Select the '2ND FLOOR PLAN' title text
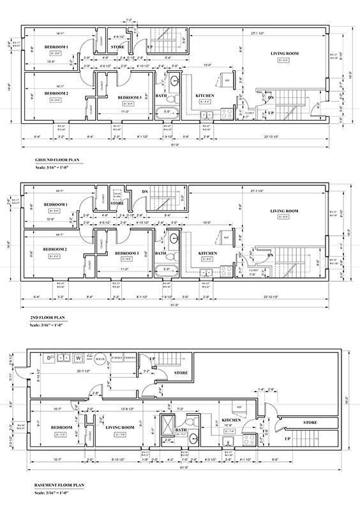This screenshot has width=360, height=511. click(x=47, y=316)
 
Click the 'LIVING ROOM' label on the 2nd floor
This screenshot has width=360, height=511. click(x=284, y=211)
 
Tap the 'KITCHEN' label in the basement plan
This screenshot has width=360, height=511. click(x=231, y=420)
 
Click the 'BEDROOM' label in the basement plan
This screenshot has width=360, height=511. click(x=61, y=427)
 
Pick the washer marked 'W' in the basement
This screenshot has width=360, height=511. click(x=78, y=358)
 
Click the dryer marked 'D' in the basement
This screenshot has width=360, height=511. click(x=48, y=358)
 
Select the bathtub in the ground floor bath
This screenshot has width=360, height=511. click(x=167, y=116)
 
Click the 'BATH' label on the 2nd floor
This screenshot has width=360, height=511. click(x=161, y=254)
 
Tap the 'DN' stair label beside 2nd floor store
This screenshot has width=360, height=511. click(x=145, y=191)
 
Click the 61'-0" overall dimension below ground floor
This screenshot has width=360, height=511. click(x=176, y=146)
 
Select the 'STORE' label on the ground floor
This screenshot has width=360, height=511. click(x=117, y=47)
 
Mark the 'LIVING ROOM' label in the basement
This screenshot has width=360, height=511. click(x=119, y=427)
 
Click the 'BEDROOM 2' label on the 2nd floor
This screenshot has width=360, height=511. click(x=56, y=249)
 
